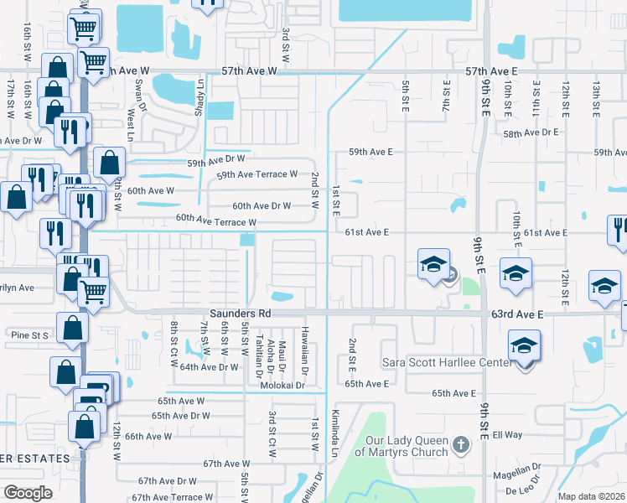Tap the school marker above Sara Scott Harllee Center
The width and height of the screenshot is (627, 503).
click(524, 345)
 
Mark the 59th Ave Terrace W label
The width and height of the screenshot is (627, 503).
click(256, 174)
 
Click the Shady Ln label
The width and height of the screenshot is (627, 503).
click(200, 96)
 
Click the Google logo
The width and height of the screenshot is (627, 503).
click(28, 492)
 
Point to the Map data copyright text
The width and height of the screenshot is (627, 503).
click(592, 496)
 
